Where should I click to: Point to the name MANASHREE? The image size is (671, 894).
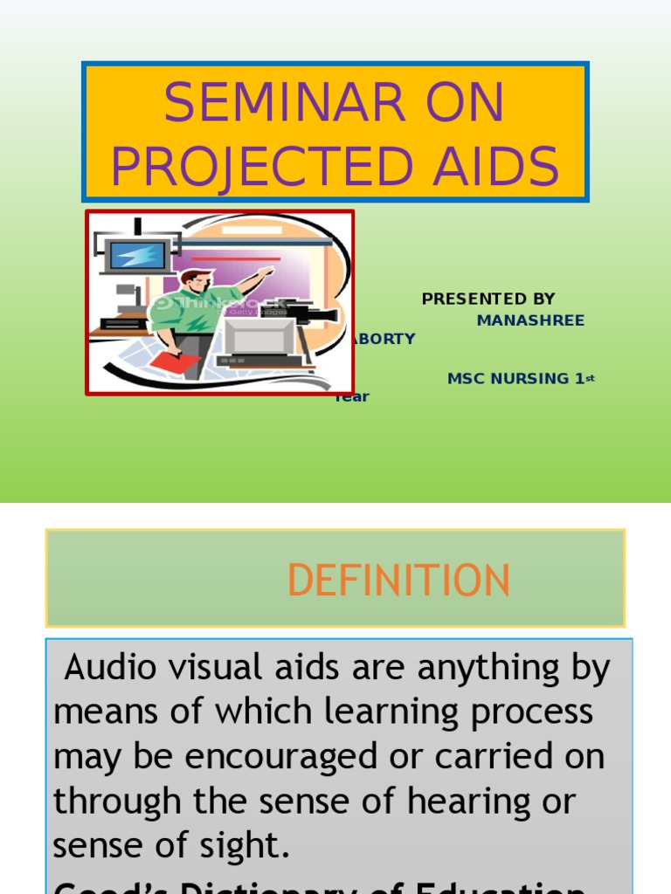click(x=530, y=320)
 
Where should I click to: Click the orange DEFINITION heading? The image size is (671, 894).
click(x=398, y=581)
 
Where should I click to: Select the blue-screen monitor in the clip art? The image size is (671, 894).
click(x=135, y=256)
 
